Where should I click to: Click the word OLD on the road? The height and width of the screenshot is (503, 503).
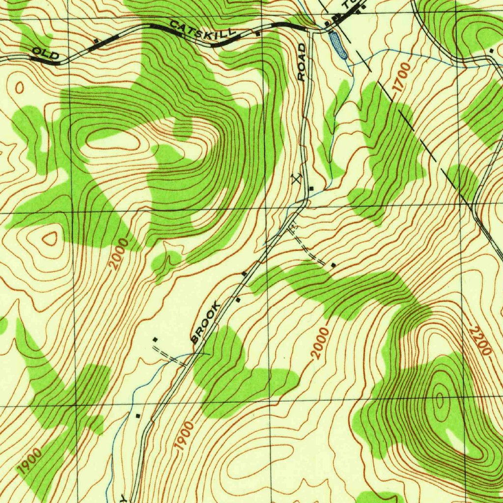46,54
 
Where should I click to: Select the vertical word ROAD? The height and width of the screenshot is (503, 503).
301,62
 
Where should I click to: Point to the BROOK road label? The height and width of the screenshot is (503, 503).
205,323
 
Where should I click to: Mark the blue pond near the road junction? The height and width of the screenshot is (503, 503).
338,46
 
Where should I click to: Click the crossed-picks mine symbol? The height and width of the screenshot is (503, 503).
296,177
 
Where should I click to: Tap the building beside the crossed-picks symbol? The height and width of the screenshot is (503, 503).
311,188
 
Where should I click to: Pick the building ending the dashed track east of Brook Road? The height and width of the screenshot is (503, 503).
334,266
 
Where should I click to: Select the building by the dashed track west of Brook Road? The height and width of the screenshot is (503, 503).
155,339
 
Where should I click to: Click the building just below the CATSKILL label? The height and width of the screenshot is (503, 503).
258,34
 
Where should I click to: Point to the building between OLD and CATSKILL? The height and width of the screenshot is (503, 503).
96,40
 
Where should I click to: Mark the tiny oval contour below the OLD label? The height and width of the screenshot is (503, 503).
20,88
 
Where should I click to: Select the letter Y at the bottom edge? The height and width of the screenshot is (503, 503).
124,498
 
